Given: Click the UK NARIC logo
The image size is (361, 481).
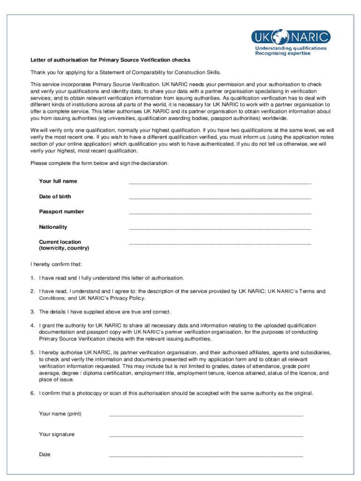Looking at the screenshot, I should coord(291,37).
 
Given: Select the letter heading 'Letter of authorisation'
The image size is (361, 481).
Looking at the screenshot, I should coord(110,60).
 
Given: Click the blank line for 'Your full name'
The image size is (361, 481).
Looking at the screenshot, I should coord(220,183).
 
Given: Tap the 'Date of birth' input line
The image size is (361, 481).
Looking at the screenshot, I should coord(220,198).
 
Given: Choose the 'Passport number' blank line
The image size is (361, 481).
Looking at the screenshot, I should coord(220,213).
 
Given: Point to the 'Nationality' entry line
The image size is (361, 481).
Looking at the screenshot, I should coord(220,229).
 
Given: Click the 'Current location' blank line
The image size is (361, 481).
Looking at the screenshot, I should coord(220,244).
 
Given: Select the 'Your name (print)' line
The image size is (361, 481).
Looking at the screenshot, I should coord(206,416).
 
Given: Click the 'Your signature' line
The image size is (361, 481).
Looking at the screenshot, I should coord(206,436).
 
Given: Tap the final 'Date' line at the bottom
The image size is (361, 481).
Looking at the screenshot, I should coord(206,456).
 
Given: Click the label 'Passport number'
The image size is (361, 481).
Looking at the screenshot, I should coord(61,212).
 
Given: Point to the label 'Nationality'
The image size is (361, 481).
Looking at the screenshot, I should coord(53,227).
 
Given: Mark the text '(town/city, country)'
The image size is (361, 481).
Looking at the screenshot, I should coord(64,248).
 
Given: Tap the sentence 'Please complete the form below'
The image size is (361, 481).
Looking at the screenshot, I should coord(99,163).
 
